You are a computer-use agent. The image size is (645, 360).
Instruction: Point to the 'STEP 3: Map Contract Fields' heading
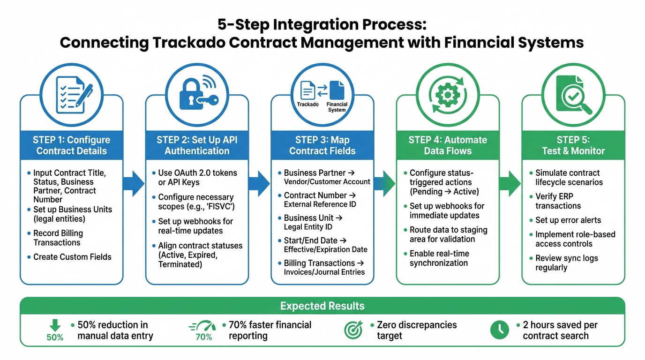coord(322,145)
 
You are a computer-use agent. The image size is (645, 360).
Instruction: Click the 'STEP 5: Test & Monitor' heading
coord(573,145)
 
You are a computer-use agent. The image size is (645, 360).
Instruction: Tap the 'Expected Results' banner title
coord(322,306)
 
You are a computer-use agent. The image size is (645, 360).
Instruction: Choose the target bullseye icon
coord(353,330)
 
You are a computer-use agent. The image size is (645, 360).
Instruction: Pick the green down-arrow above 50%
coord(55,325)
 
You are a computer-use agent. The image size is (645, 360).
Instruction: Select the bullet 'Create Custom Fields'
coord(72,257)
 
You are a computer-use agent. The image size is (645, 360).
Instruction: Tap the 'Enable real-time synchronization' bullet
coord(439,258)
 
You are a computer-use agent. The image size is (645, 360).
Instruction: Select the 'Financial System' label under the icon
coord(337,107)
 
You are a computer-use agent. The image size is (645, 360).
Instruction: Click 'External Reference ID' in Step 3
coord(320,204)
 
